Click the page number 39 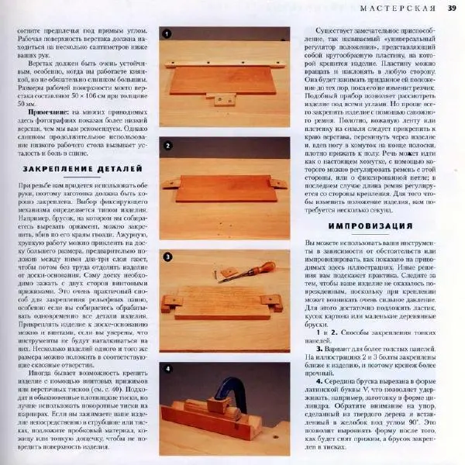pyautogui.click(x=451, y=9)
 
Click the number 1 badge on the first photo pyautogui.click(x=167, y=33)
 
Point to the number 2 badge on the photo pyautogui.click(x=167, y=145)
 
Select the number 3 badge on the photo pyautogui.click(x=167, y=257)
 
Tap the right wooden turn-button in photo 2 pyautogui.click(x=277, y=187)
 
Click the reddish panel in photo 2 pyautogui.click(x=225, y=189)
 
